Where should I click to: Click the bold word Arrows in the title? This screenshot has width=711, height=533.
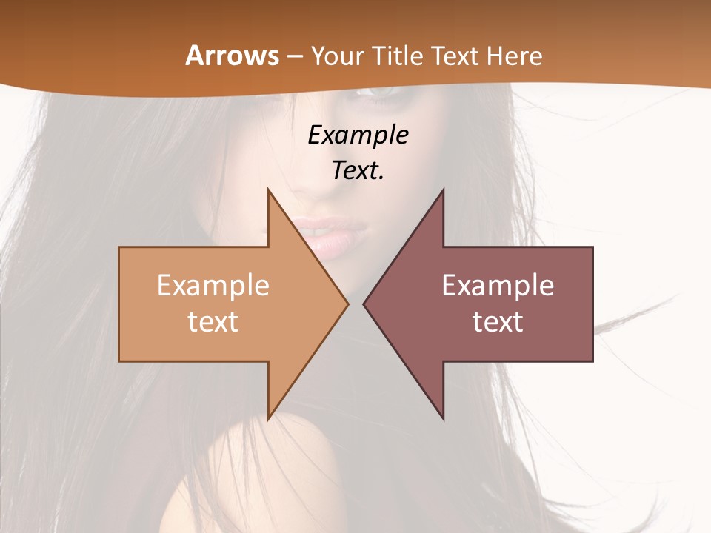tap(233, 56)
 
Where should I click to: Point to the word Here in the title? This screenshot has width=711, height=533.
tap(516, 56)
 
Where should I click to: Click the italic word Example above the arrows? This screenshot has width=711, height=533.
tap(358, 135)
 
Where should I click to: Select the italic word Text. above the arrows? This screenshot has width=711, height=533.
tap(358, 170)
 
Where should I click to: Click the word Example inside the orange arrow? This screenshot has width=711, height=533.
tap(213, 285)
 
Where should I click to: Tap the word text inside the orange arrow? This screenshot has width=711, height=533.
tap(213, 321)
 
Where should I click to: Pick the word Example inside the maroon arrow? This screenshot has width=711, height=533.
tap(498, 285)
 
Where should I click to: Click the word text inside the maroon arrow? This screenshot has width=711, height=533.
tap(498, 321)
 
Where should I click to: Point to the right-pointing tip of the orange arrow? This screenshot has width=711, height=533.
tap(347, 304)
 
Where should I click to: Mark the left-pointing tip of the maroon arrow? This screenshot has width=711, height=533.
tap(364, 304)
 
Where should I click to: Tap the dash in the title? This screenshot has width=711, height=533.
tap(294, 56)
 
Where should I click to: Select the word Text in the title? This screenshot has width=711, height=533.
tap(453, 56)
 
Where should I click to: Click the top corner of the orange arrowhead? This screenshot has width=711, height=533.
tap(269, 190)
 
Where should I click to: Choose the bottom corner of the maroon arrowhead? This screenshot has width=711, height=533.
tap(443, 419)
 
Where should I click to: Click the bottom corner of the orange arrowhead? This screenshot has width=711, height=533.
tap(269, 419)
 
